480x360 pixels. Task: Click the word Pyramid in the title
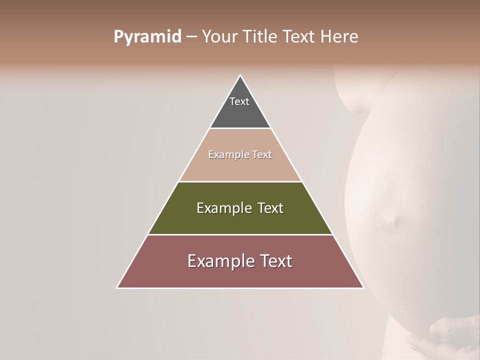[147, 37]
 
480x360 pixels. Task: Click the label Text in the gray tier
[239, 101]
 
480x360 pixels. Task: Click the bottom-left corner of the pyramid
[117, 287]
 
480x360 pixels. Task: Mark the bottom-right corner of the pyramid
[363, 287]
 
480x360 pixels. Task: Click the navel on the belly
[396, 220]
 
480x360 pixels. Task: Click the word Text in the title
[299, 37]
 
